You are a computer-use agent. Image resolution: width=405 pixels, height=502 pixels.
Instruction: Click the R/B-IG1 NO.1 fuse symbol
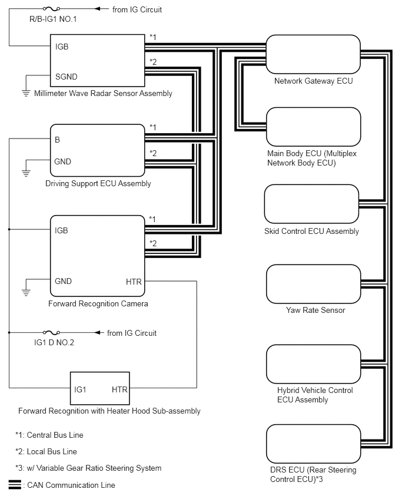tap(51, 9)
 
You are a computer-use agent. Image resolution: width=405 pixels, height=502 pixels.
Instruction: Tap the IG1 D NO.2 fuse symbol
tap(51, 333)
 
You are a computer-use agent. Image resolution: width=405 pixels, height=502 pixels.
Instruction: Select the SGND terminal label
tap(66, 77)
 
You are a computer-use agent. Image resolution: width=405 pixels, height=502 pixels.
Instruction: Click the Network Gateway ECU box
tap(313, 54)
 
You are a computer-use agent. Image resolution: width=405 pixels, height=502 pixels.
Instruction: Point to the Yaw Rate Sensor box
tap(314, 283)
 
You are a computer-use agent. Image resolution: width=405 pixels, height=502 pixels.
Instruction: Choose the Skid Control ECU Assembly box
tap(312, 204)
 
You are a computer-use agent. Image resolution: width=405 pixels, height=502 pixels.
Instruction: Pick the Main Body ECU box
tap(314, 127)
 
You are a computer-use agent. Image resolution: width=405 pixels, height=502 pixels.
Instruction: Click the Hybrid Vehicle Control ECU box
tap(314, 364)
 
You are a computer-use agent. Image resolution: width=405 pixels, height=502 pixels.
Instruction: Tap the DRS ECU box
tap(314, 444)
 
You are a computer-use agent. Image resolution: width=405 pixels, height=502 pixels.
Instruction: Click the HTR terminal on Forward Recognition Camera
tap(134, 282)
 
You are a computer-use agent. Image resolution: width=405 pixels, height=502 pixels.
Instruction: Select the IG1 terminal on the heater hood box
tap(80, 389)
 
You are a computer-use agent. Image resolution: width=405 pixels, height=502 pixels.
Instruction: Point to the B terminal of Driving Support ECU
tap(57, 140)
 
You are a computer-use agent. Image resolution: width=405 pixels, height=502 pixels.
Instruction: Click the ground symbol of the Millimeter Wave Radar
tap(25, 94)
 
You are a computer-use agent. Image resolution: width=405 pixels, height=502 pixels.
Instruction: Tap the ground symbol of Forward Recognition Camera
tap(25, 292)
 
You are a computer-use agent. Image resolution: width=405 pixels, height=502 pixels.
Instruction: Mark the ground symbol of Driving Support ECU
tap(25, 173)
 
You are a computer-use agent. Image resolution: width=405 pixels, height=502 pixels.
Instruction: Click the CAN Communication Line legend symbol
tap(15, 485)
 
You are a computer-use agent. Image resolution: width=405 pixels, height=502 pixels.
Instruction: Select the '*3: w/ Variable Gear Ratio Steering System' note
tap(88, 468)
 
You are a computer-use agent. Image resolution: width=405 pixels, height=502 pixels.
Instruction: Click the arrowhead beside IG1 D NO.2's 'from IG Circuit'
tap(99, 333)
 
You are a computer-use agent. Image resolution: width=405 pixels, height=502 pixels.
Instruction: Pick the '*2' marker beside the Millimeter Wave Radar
tap(153, 62)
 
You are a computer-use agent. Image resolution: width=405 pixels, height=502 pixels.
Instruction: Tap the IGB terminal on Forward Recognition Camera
tap(61, 230)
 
